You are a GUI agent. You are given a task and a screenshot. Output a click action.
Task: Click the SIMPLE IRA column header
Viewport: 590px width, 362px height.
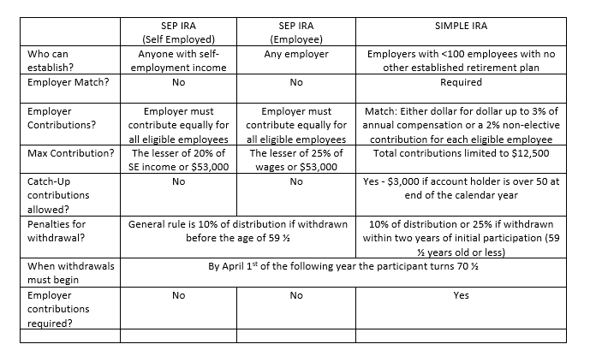coord(461,26)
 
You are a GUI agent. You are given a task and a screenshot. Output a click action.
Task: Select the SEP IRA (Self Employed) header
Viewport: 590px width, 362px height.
coord(178,33)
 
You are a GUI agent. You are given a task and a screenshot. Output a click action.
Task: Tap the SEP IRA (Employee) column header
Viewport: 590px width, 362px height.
coord(295,33)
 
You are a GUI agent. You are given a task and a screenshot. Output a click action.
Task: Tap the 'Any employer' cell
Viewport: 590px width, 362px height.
coord(296,54)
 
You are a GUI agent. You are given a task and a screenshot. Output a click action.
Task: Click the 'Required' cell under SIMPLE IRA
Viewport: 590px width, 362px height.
coord(461,83)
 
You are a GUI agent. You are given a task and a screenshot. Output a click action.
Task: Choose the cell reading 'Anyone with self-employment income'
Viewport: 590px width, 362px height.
coord(178,61)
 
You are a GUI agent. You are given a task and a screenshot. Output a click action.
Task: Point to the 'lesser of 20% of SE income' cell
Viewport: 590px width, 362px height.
coord(178,161)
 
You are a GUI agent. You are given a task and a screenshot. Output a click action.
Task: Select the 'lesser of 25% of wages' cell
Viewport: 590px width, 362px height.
coord(295,161)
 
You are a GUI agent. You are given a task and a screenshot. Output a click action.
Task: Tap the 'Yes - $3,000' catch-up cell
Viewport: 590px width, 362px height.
coord(461,188)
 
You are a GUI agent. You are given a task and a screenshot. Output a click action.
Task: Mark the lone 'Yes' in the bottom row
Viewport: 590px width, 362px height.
coord(461,295)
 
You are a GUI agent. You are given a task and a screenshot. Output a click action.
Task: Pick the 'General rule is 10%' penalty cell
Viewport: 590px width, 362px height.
coord(238,231)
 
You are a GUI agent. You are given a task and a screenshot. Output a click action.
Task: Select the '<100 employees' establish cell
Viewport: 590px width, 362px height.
coord(461,61)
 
